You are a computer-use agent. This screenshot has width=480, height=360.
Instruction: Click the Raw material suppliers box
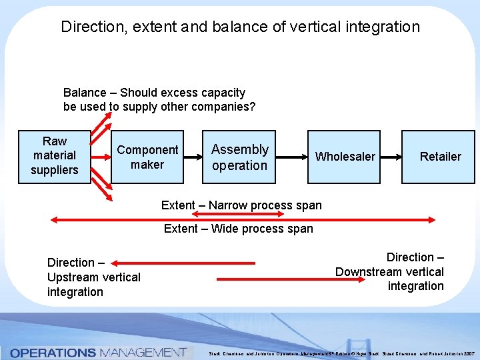click(x=55, y=156)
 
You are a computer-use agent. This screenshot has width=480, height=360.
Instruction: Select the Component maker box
click(x=147, y=157)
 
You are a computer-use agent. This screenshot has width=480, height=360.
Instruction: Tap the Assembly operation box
click(x=239, y=157)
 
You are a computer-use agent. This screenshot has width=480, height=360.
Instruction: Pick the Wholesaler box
click(x=345, y=157)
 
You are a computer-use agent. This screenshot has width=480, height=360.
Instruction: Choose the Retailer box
click(x=440, y=157)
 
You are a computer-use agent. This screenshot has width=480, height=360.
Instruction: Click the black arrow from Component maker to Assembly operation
click(x=193, y=157)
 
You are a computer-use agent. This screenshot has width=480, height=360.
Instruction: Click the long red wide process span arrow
click(x=243, y=218)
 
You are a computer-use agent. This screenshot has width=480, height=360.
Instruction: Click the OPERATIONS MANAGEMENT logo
click(x=97, y=352)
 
